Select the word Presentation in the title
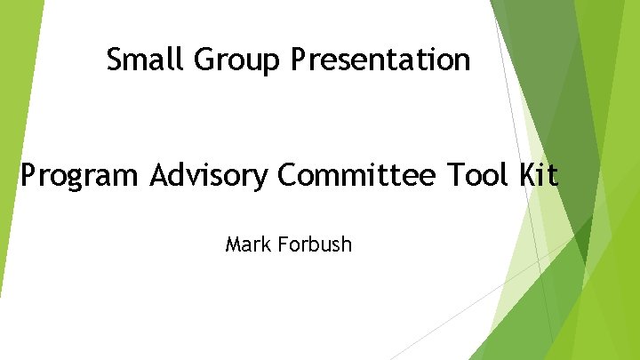pos(380,60)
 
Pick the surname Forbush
pos(316,243)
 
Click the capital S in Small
pos(114,60)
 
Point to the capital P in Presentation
pos(298,60)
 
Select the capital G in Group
pos(203,60)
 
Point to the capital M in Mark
pos(233,243)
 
